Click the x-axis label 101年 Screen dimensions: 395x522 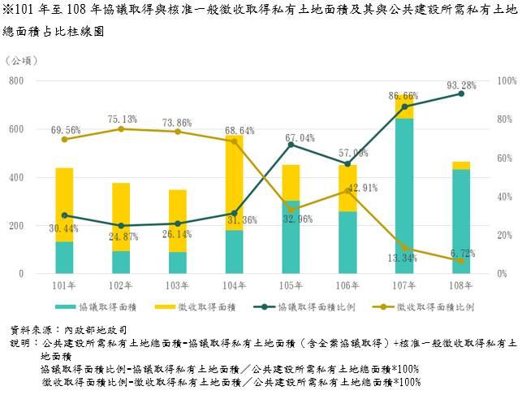point(65,285)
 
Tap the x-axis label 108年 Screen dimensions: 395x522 point(460,285)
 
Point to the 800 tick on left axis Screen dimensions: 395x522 point(16,81)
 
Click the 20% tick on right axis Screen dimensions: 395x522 point(504,236)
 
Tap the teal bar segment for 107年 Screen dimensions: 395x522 point(403,195)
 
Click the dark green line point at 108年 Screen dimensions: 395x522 point(460,94)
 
